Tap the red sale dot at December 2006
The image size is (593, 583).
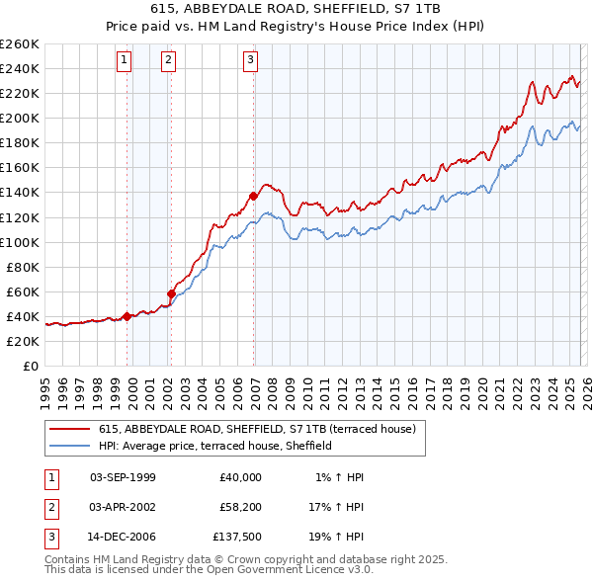tap(254, 196)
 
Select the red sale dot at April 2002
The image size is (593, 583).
tap(171, 293)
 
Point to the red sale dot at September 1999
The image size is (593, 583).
tap(127, 316)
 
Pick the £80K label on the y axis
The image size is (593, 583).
tap(22, 267)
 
